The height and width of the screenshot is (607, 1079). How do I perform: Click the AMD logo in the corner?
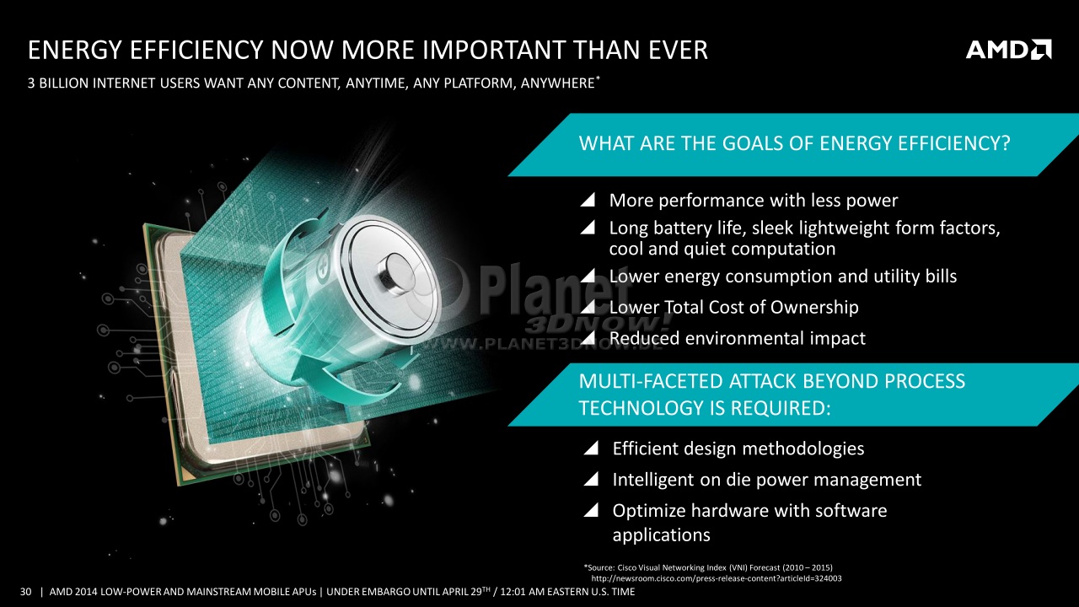click(1009, 50)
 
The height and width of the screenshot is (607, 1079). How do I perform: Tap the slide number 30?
click(25, 592)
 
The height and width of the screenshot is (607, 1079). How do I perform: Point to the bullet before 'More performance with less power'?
click(588, 200)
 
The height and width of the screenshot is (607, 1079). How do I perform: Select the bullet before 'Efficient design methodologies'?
click(591, 448)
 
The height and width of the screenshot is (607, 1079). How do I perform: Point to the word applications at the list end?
click(662, 535)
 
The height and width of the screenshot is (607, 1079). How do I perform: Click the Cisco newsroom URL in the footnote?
click(717, 578)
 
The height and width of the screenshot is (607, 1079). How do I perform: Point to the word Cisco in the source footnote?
click(626, 567)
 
